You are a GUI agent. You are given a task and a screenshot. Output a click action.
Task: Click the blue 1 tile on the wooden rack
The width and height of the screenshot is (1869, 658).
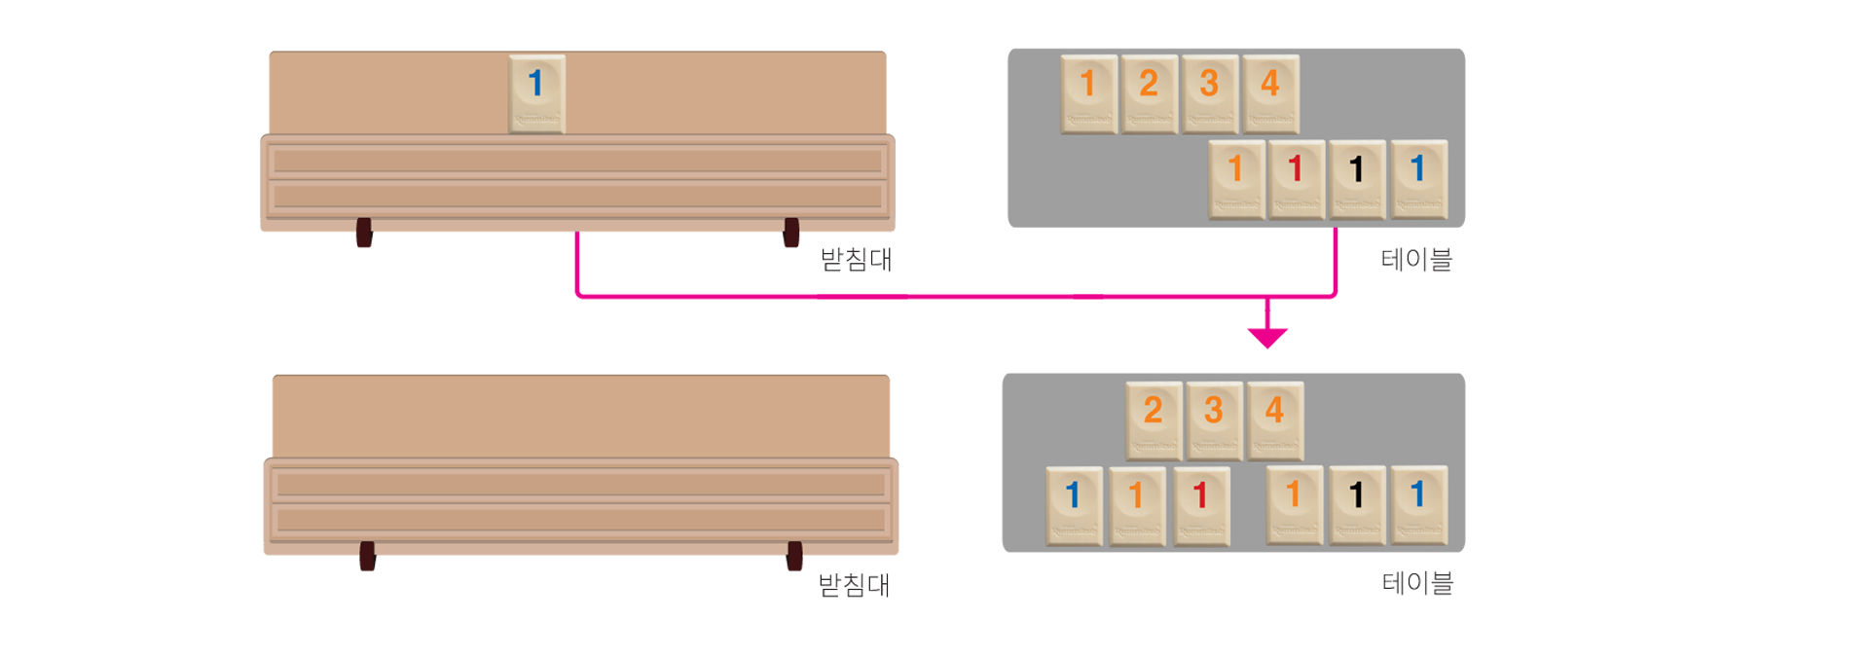pyautogui.click(x=536, y=92)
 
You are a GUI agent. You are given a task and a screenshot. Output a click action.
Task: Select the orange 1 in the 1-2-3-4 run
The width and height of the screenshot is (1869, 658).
pyautogui.click(x=1089, y=92)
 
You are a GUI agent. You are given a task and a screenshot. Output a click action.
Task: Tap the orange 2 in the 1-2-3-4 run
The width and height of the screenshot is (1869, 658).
pyautogui.click(x=1150, y=92)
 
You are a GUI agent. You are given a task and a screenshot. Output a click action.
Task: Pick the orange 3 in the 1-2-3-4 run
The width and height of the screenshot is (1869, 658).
pyautogui.click(x=1210, y=92)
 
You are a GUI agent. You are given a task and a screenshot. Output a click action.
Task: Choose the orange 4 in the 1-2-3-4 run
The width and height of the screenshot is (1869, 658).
pyautogui.click(x=1270, y=92)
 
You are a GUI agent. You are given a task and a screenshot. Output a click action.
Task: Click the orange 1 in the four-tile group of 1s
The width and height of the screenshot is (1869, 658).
pyautogui.click(x=1236, y=178)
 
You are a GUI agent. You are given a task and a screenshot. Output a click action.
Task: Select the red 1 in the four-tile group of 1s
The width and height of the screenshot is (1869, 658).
pyautogui.click(x=1297, y=178)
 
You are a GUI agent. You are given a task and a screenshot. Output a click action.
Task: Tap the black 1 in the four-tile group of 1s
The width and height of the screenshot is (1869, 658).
pyautogui.click(x=1357, y=178)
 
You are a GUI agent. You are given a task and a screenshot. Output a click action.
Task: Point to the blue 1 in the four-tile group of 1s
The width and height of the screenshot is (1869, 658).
pyautogui.click(x=1418, y=178)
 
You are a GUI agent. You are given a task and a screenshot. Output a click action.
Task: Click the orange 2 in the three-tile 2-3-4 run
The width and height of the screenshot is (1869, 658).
pyautogui.click(x=1154, y=420)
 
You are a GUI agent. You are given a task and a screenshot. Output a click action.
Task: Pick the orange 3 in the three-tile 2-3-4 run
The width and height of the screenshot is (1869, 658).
pyautogui.click(x=1214, y=420)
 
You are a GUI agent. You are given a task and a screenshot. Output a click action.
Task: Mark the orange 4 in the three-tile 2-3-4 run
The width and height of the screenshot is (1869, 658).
pyautogui.click(x=1274, y=420)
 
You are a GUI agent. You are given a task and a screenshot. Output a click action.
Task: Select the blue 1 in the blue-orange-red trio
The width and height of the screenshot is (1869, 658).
pyautogui.click(x=1074, y=505)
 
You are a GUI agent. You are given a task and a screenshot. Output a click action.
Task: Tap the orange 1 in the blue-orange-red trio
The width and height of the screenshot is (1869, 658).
pyautogui.click(x=1136, y=505)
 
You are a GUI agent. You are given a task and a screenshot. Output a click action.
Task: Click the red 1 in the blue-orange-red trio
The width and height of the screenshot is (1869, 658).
pyautogui.click(x=1200, y=505)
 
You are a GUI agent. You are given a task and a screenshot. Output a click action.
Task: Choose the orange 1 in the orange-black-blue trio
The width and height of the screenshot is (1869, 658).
pyautogui.click(x=1294, y=504)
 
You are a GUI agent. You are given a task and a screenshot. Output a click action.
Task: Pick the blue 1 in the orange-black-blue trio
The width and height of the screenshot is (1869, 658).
pyautogui.click(x=1418, y=504)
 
